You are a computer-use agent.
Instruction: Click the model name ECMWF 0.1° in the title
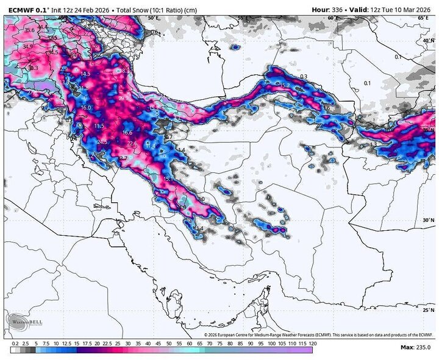click(x=27, y=9)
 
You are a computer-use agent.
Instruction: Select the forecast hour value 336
click(x=340, y=9)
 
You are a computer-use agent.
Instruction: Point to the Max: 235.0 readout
click(x=416, y=347)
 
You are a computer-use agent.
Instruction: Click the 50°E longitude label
click(x=153, y=18)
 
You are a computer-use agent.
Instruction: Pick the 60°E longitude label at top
click(x=332, y=18)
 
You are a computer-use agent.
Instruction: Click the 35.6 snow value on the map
click(x=29, y=30)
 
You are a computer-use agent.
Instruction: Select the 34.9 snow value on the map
click(x=27, y=46)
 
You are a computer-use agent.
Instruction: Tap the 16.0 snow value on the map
click(x=85, y=107)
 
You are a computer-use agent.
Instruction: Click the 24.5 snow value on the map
click(x=102, y=142)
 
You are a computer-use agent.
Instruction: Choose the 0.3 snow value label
click(x=304, y=76)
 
